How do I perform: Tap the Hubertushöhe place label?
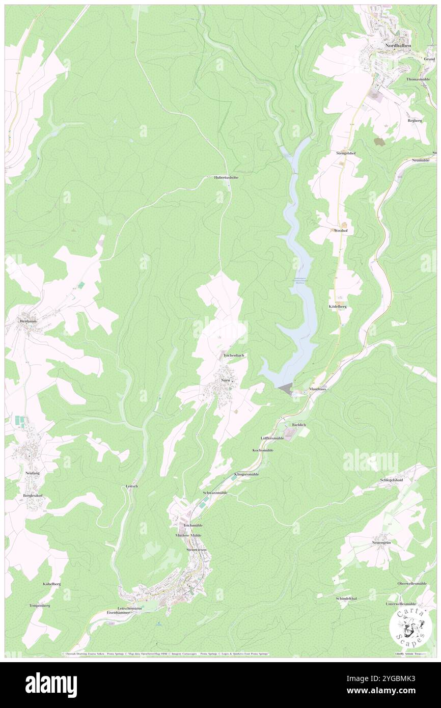click(x=226, y=178)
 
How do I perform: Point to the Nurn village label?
click(x=225, y=380)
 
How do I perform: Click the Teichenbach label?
click(x=234, y=355)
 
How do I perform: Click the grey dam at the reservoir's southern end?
click(x=286, y=389)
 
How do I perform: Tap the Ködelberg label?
click(x=338, y=307)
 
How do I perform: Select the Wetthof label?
click(x=340, y=231)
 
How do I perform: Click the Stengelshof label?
click(x=345, y=153)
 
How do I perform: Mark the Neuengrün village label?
click(x=382, y=543)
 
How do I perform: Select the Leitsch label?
click(x=132, y=486)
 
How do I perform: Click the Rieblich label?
click(x=299, y=424)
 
